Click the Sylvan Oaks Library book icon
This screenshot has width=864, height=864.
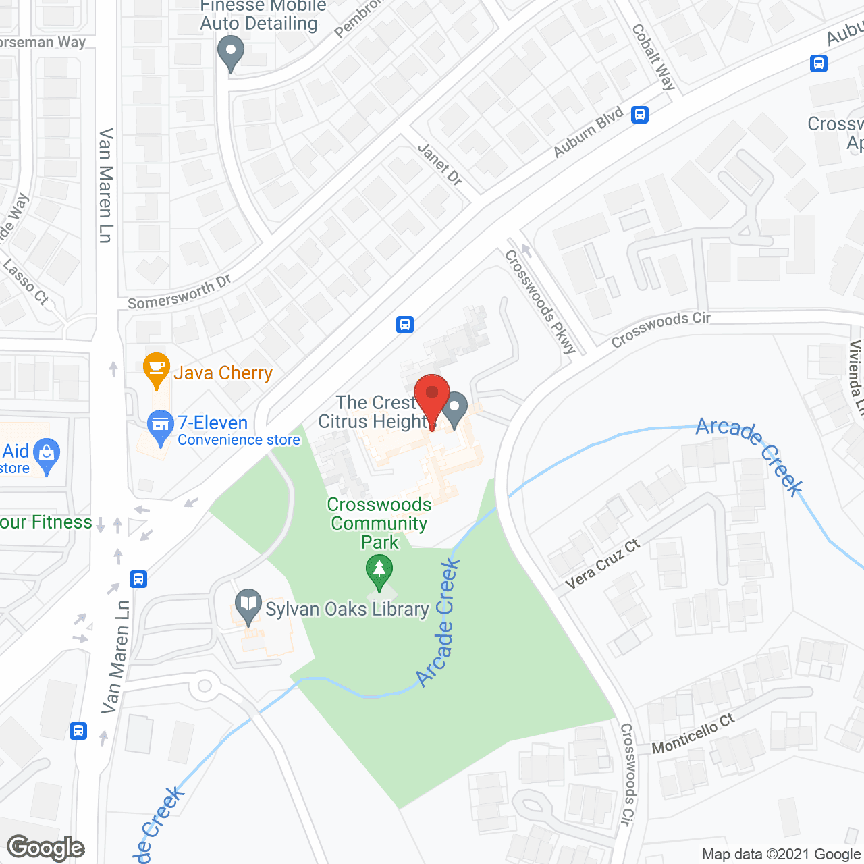coord(248,604)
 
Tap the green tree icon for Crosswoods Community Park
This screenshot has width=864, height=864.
coord(379,570)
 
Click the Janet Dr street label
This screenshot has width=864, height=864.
coord(440,164)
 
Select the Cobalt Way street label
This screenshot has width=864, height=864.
coord(653,57)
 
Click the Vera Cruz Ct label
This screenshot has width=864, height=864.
coord(602,564)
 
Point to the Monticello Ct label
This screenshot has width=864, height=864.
coord(693,734)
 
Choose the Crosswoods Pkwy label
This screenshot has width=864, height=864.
coord(540,301)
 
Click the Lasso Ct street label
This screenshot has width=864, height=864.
coord(26,281)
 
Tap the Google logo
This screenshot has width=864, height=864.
coord(46,848)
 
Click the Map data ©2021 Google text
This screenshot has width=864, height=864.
coord(782,854)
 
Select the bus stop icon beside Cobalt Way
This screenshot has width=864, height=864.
coord(640,115)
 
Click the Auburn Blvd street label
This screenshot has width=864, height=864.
coord(588,133)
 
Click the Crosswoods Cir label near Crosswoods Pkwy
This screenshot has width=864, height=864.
coord(660,329)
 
